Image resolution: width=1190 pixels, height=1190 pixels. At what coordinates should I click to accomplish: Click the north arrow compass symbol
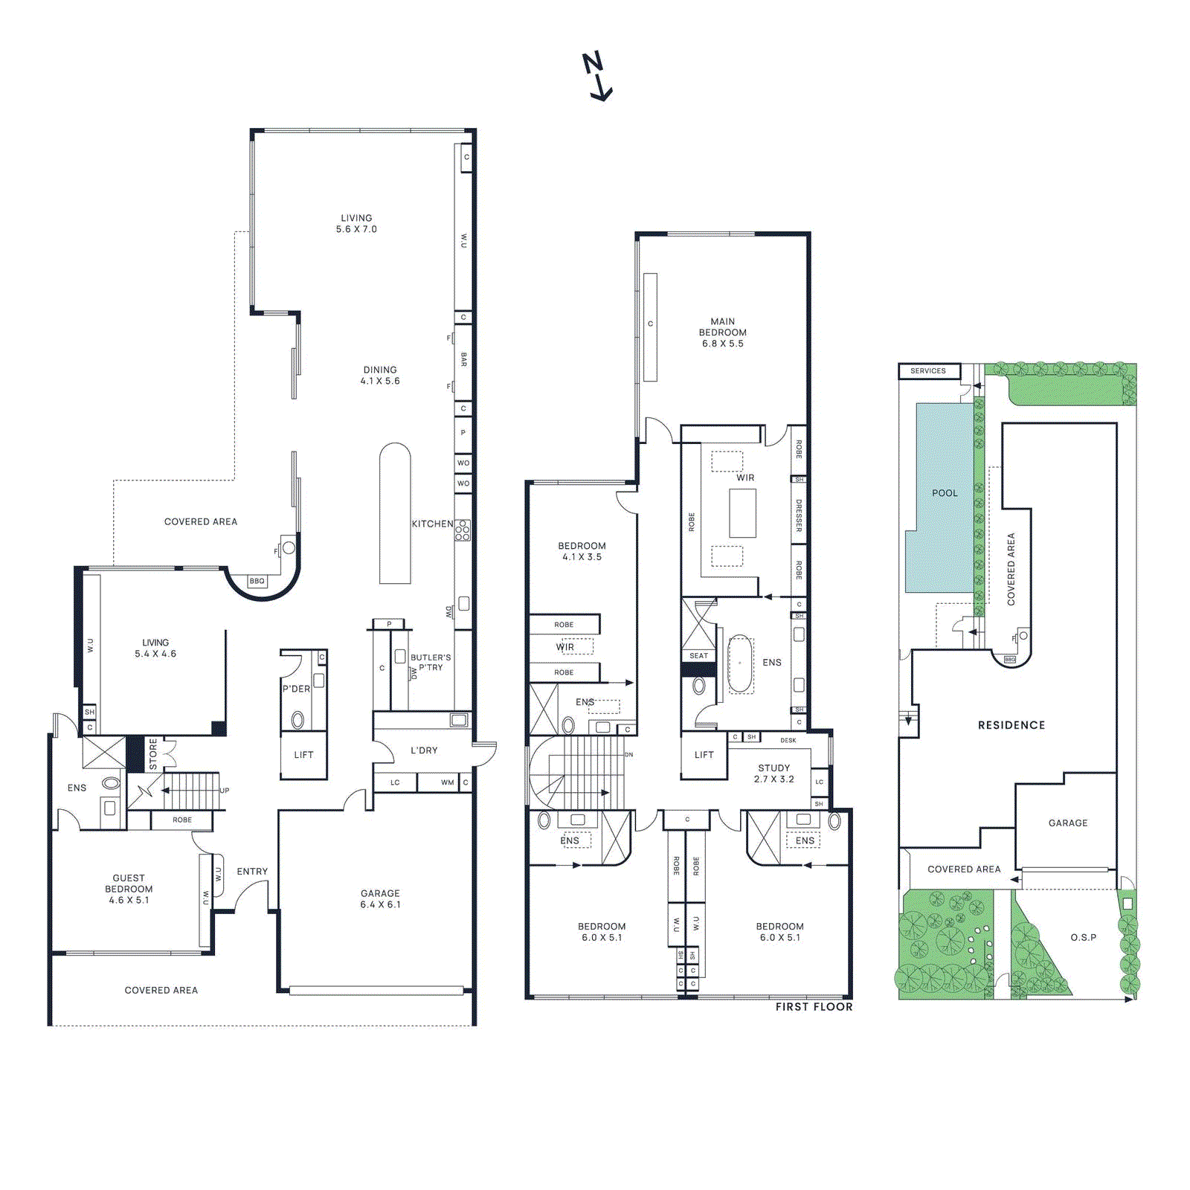coord(596,77)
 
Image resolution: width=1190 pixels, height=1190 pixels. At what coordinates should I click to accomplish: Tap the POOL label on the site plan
coord(945,493)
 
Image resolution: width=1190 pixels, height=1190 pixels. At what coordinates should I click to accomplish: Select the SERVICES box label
coord(928,370)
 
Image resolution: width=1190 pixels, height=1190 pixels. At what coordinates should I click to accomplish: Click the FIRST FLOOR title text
coord(814,1006)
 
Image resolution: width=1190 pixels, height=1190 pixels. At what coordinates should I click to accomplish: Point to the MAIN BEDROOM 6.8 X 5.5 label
coord(722,332)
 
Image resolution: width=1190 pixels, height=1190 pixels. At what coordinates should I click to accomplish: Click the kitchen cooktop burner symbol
coord(463,530)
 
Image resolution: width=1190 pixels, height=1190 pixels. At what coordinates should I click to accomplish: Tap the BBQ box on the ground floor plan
coord(257,581)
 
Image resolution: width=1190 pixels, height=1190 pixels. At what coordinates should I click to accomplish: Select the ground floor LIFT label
coord(303,755)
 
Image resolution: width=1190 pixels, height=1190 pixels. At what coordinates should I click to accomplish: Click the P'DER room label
coord(296,689)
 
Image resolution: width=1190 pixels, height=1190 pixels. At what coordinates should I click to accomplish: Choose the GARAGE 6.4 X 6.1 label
coord(380,898)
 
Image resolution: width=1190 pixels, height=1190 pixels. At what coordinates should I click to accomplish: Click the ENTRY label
coord(252,871)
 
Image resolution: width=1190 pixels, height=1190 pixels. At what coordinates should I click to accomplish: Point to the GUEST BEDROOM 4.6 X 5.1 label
coord(129,889)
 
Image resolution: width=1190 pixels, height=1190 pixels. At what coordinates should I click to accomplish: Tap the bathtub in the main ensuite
coord(739,663)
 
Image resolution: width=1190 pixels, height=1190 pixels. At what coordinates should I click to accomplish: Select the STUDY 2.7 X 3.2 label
coord(773,773)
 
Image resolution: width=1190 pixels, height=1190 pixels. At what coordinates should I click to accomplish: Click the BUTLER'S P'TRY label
coord(431,662)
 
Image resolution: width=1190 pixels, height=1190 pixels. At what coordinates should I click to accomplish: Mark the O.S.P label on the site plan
coord(1083,937)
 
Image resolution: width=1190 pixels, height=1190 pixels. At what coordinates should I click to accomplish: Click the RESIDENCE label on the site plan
coord(1011,725)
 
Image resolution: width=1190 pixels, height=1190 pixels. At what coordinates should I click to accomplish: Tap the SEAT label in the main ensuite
coord(698,655)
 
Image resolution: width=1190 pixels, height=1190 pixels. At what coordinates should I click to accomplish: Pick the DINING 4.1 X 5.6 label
coord(380,375)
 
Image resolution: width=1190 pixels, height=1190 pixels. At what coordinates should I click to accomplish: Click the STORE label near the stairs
coord(153,753)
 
